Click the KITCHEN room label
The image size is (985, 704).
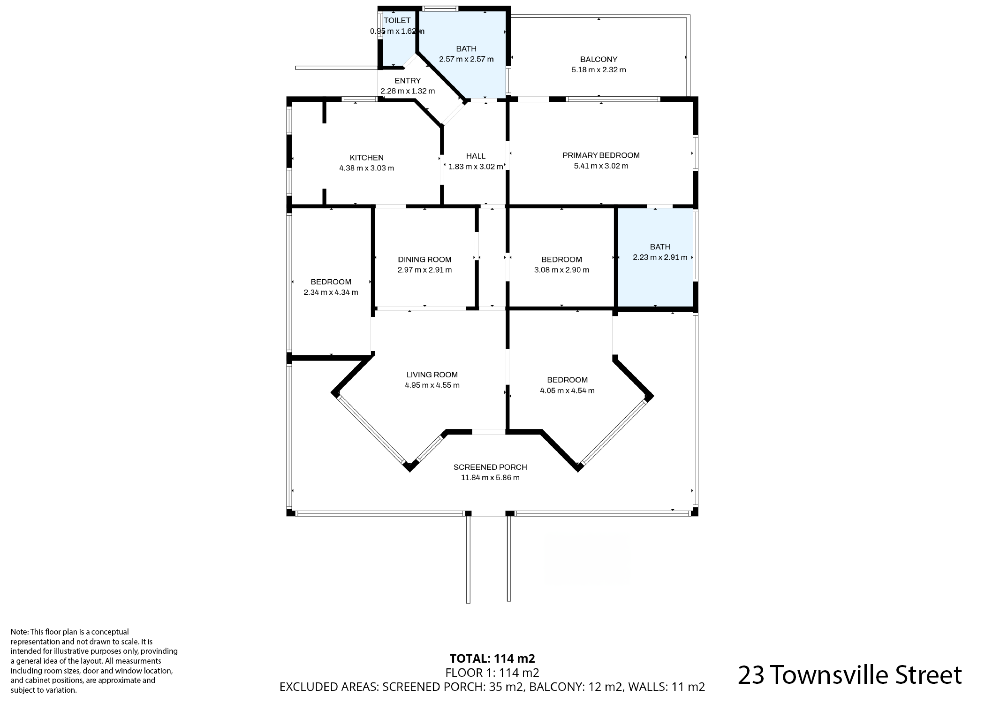click(x=367, y=158)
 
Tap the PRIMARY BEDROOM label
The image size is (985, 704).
click(x=601, y=155)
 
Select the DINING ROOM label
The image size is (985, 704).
click(x=424, y=260)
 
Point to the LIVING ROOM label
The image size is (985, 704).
click(x=432, y=375)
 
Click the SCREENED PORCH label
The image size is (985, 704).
click(x=490, y=467)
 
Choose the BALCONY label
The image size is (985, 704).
click(x=599, y=59)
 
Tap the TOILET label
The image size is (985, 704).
click(x=397, y=20)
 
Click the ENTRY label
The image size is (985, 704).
click(x=408, y=81)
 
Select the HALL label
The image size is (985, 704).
click(x=476, y=156)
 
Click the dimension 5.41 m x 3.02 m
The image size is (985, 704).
click(x=601, y=166)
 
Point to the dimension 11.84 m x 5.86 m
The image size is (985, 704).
click(x=490, y=478)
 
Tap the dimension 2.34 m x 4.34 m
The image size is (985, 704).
click(x=331, y=292)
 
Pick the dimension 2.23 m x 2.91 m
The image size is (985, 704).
click(x=660, y=257)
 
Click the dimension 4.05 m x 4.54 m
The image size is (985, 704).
click(x=567, y=390)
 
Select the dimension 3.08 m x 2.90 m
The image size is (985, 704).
click(x=561, y=270)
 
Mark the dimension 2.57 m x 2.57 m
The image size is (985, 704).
click(x=466, y=59)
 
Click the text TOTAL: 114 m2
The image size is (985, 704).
click(x=492, y=658)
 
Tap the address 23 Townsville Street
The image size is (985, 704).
click(x=849, y=675)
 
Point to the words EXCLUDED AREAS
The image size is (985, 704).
click(x=329, y=687)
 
